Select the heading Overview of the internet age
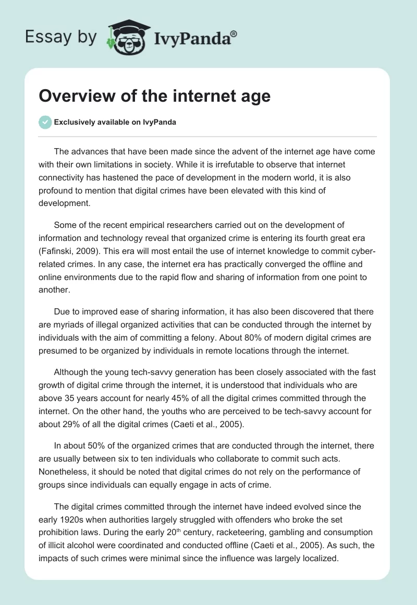pyautogui.click(x=155, y=96)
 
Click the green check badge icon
pyautogui.click(x=45, y=123)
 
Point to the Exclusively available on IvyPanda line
pyautogui.click(x=115, y=123)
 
